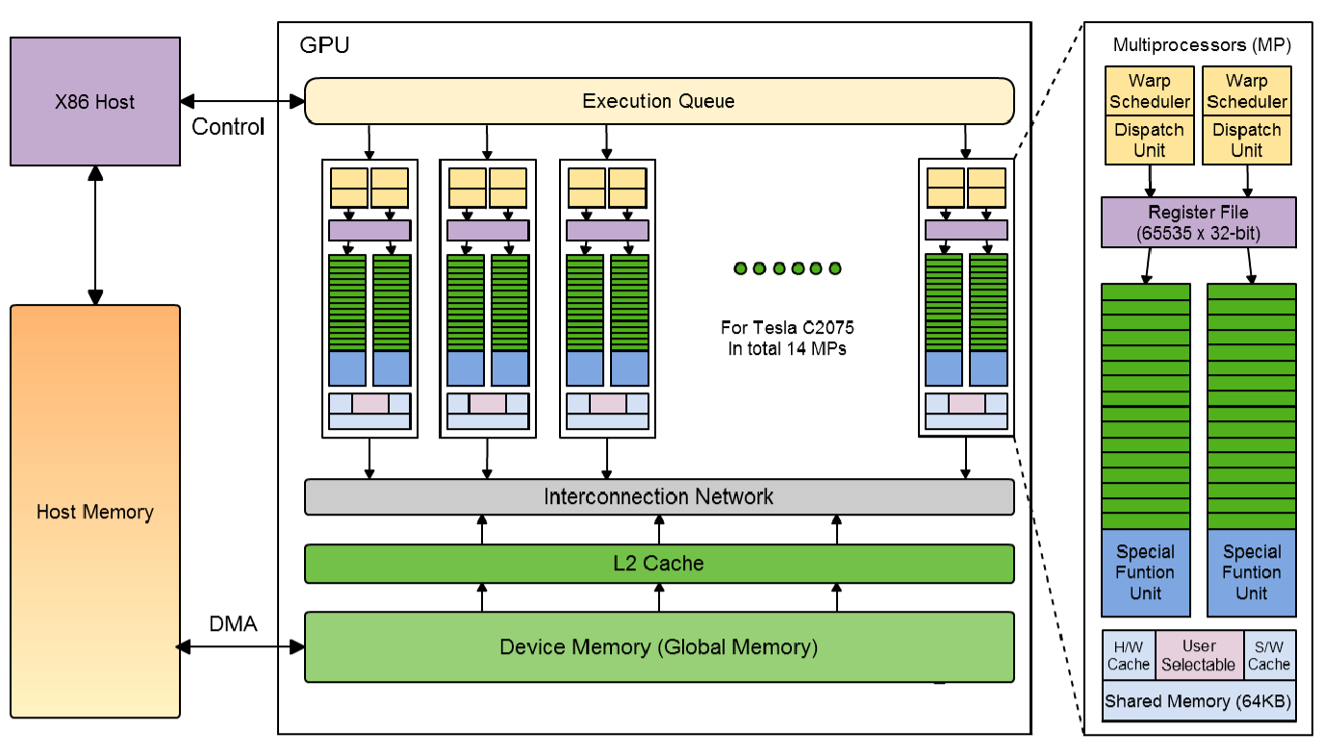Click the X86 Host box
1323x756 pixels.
pyautogui.click(x=94, y=101)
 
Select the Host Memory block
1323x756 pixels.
pyautogui.click(x=94, y=511)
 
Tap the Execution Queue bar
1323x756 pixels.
pyautogui.click(x=658, y=101)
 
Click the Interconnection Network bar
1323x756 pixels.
pyautogui.click(x=658, y=496)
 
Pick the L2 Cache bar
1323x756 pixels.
pyautogui.click(x=658, y=564)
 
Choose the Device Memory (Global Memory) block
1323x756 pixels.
pyautogui.click(x=658, y=646)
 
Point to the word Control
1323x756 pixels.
pyautogui.click(x=228, y=127)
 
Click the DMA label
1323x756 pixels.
pyautogui.click(x=233, y=624)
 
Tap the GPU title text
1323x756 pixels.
pyautogui.click(x=324, y=45)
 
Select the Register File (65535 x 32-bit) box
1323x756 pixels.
pyautogui.click(x=1198, y=222)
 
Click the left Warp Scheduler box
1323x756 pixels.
pyautogui.click(x=1149, y=91)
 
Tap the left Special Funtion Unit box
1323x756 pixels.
pyautogui.click(x=1145, y=572)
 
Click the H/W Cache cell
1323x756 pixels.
pyautogui.click(x=1128, y=655)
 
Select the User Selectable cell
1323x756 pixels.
pyautogui.click(x=1198, y=655)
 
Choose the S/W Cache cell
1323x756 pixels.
pyautogui.click(x=1268, y=655)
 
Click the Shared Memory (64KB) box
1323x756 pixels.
pyautogui.click(x=1198, y=701)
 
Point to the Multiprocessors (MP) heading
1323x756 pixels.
pyautogui.click(x=1201, y=45)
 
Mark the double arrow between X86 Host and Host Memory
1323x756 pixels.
pyautogui.click(x=94, y=235)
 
